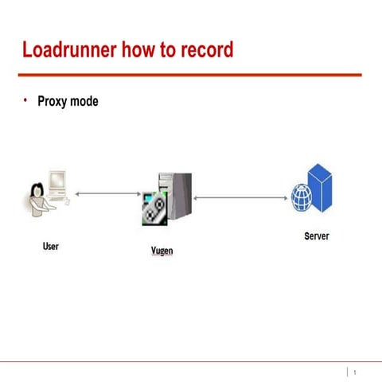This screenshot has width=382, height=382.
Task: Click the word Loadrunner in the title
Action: coord(69,49)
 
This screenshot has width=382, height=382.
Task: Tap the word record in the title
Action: coord(207,49)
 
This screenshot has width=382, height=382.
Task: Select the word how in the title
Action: coord(138,49)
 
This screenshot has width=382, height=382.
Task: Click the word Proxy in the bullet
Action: coord(53,102)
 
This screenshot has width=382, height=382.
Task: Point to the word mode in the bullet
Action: coord(84,101)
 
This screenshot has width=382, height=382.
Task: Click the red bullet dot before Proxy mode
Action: coord(25,100)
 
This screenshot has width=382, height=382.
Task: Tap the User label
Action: coord(51,246)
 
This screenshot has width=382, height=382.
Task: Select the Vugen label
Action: coord(162,251)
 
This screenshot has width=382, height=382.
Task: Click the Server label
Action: coord(317,236)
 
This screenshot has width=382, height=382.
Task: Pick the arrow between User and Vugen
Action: coord(108,194)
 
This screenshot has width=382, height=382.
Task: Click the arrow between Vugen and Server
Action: coord(240,198)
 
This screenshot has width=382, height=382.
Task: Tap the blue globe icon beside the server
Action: coord(302,197)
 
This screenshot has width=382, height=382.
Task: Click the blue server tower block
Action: coord(320,188)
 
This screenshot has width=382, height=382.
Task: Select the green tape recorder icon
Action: coord(155,209)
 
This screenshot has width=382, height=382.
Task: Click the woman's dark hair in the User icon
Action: coord(37,189)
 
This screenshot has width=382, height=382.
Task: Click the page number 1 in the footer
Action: coord(355,372)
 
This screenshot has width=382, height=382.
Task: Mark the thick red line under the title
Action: coord(190,75)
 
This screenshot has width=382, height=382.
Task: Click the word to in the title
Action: coord(168,50)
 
